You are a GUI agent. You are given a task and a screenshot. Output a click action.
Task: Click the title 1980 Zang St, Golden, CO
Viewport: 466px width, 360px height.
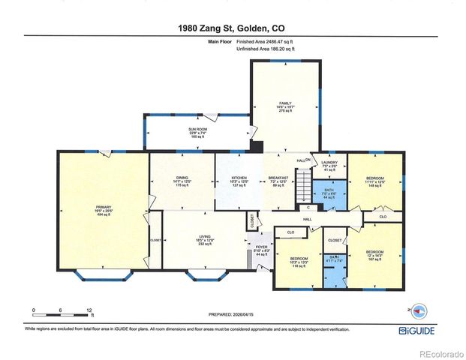[x=232, y=28]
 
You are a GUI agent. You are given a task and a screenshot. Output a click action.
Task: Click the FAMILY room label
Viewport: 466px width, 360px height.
[x=285, y=106]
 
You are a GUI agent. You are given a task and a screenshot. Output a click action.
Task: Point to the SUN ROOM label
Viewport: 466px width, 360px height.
[x=197, y=133]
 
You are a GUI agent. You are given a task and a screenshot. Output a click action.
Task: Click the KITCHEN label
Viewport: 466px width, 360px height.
[x=239, y=181]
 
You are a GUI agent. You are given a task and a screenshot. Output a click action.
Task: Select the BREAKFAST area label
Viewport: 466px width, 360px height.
[x=278, y=181]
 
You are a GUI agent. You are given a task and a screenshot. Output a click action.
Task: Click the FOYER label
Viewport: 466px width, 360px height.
[x=261, y=250]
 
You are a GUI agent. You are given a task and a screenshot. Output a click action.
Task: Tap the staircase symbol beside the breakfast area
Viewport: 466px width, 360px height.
[x=303, y=183]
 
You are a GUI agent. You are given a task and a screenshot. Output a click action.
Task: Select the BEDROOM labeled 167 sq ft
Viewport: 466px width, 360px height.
[x=374, y=255]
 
